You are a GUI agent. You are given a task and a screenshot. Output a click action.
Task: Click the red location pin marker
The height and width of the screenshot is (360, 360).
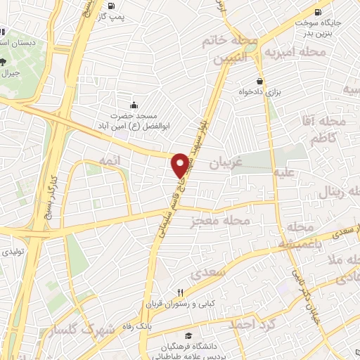coord(180,165)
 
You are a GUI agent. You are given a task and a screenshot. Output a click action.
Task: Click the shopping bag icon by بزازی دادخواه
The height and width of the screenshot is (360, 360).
coord(259,81)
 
